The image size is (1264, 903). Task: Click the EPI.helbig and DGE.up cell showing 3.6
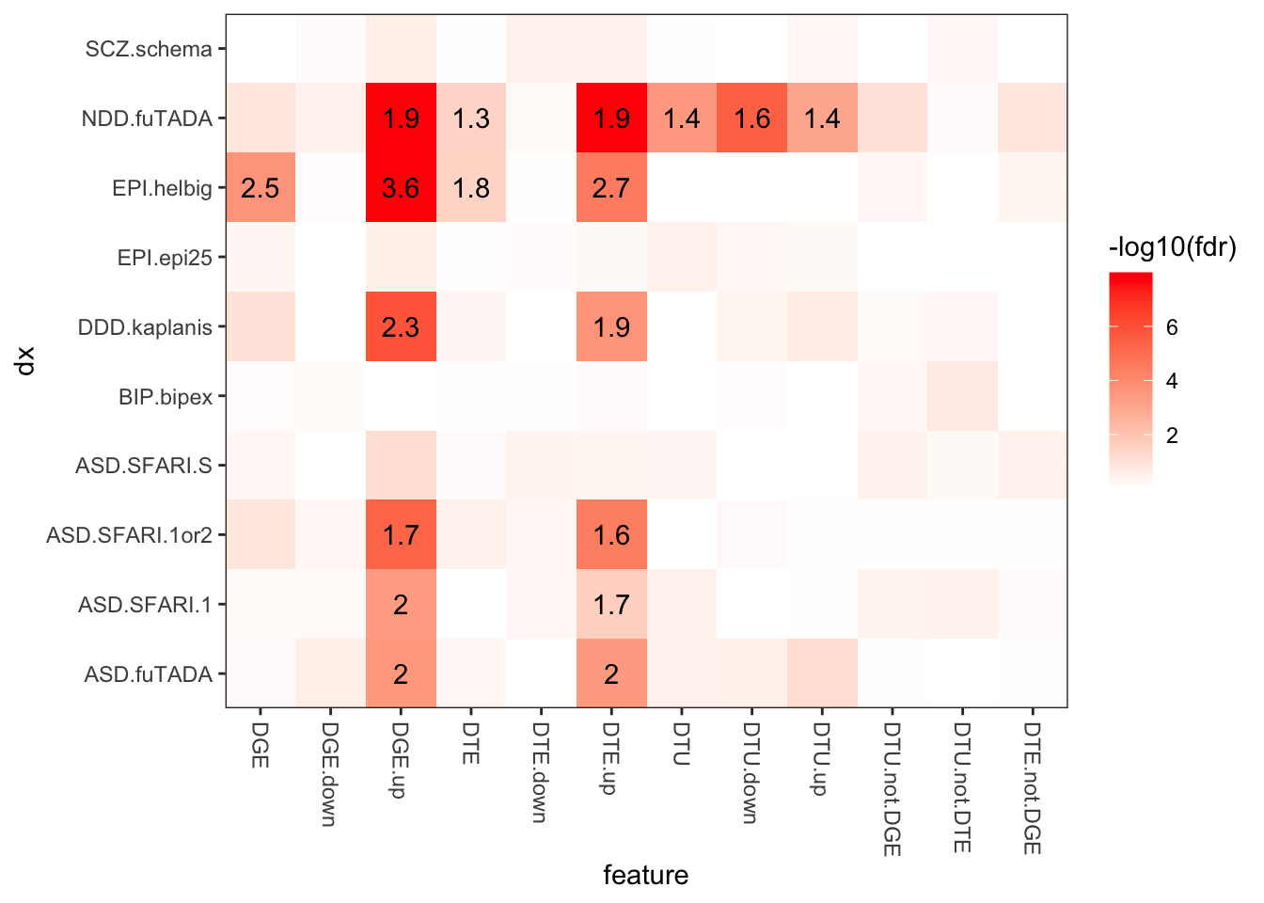(x=401, y=188)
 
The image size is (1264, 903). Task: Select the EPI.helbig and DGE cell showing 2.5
(x=261, y=188)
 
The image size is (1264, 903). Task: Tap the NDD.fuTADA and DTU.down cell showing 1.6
(x=752, y=119)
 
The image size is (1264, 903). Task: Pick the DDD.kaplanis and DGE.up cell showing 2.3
(x=401, y=327)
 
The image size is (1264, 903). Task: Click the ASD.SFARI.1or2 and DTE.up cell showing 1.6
(x=611, y=535)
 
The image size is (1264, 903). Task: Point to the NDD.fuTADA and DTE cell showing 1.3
(x=471, y=119)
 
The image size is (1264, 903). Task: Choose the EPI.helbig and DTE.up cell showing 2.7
(x=611, y=188)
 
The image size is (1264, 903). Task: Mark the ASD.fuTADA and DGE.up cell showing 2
(x=401, y=673)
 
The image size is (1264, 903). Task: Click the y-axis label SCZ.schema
(x=149, y=49)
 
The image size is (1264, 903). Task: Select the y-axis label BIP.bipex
(x=166, y=397)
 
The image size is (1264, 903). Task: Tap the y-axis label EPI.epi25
(x=165, y=258)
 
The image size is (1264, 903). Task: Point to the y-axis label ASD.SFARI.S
(x=144, y=466)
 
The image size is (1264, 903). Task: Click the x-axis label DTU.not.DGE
(x=893, y=789)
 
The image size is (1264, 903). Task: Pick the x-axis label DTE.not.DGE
(x=1033, y=788)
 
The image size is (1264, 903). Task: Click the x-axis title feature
(x=646, y=876)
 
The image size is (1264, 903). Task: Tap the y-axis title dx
(x=25, y=361)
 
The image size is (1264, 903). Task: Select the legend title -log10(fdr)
(x=1172, y=248)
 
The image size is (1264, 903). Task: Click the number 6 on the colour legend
(x=1172, y=327)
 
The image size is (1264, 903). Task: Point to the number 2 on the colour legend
(x=1172, y=436)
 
